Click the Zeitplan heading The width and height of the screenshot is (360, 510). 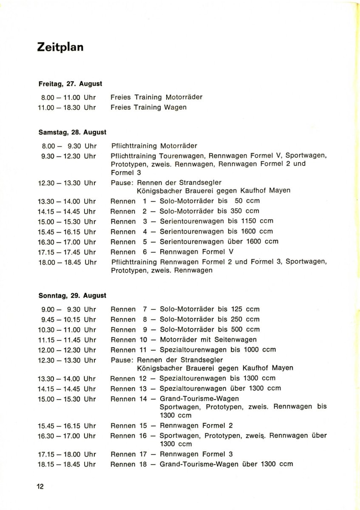tap(60, 47)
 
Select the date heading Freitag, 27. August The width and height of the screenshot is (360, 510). tap(70, 84)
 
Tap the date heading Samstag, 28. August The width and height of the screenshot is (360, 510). tap(72, 132)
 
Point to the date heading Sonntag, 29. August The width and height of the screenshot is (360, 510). tap(72, 295)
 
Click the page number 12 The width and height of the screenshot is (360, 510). tap(40, 487)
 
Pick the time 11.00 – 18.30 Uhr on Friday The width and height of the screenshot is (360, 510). tap(67, 108)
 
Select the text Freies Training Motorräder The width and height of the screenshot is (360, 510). tap(156, 97)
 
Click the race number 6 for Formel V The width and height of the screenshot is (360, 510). tap(145, 252)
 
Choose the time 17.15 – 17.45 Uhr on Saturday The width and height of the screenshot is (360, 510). tap(67, 252)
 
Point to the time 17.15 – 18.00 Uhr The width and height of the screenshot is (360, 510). tap(67, 454)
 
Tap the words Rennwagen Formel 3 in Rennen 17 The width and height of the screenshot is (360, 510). tap(196, 454)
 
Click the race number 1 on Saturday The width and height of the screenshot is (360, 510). tap(145, 201)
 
